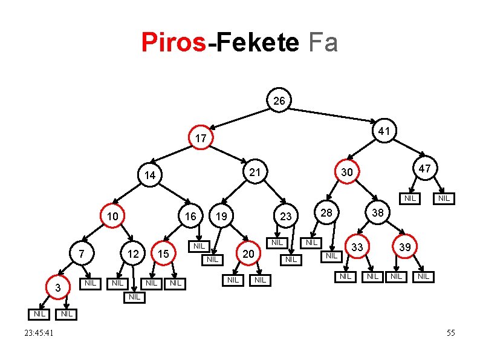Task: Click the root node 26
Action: pos(279,101)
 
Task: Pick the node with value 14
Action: pos(150,175)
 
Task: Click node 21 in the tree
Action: pos(255,172)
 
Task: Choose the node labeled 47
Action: pos(425,168)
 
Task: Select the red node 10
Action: pos(112,217)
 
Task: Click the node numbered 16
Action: pos(190,217)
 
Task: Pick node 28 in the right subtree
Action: pos(326,213)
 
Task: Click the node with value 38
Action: pos(378,213)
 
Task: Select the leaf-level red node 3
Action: pos(57,288)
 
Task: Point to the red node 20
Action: pos(248,254)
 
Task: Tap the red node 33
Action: pos(357,247)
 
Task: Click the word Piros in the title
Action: pos(174,43)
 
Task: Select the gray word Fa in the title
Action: pos(323,43)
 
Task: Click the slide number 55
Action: pos(450,333)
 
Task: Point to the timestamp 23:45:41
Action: pos(39,333)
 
